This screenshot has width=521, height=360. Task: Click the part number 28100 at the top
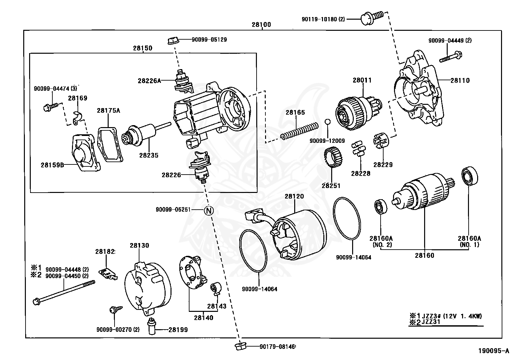point(261,25)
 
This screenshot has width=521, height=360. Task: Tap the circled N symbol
point(209,210)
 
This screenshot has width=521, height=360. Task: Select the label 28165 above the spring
point(295,112)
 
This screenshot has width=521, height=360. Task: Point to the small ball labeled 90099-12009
point(328,122)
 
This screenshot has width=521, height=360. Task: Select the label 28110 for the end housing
point(460,80)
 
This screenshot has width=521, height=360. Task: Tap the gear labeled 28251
point(332,158)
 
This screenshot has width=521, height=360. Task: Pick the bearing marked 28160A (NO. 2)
point(381,206)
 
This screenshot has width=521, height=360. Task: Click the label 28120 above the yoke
point(294,196)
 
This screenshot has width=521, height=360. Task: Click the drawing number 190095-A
point(494,351)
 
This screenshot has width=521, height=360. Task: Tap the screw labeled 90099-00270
point(115,310)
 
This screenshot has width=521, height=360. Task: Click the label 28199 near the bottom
point(178,330)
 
